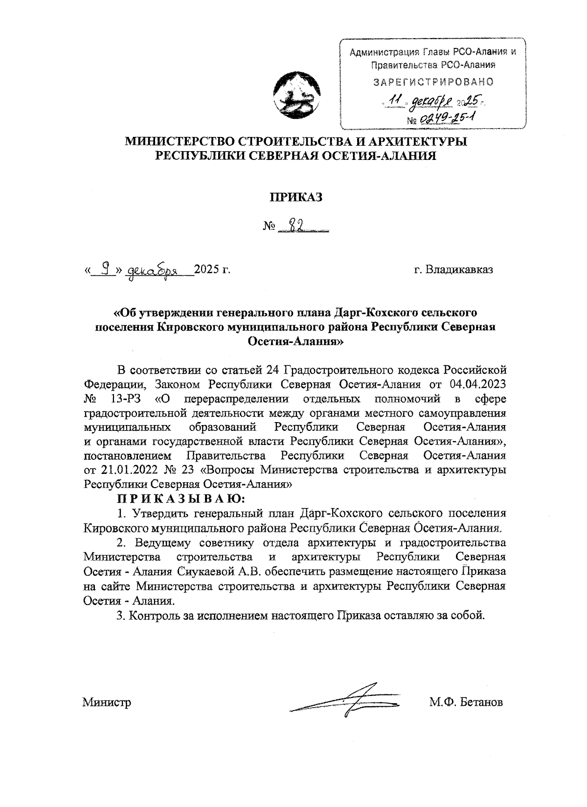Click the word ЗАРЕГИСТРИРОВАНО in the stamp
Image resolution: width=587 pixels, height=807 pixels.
point(433,82)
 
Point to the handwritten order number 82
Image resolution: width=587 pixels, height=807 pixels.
point(296,226)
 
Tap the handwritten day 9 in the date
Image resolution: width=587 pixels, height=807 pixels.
point(103,269)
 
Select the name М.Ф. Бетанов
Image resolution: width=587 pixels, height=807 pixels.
point(466,703)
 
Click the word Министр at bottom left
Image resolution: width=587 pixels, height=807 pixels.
point(107,703)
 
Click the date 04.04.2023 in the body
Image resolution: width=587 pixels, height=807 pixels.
point(472,383)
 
